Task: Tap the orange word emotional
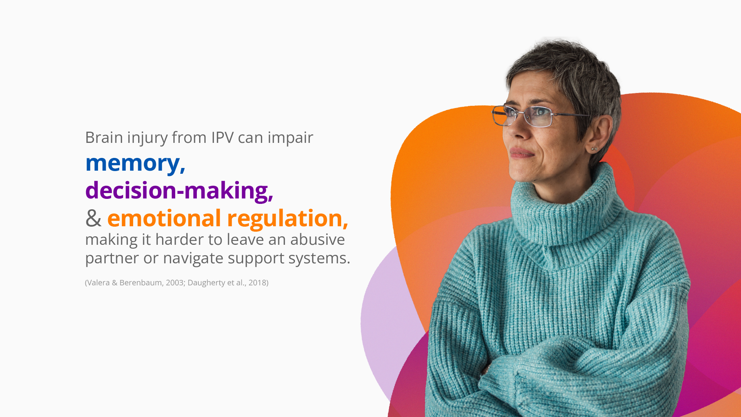164,218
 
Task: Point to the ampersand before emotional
93,219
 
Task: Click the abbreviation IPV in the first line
222,138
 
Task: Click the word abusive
318,239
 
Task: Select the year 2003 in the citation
174,283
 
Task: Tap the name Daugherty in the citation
206,283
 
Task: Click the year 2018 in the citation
257,283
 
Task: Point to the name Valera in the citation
98,283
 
